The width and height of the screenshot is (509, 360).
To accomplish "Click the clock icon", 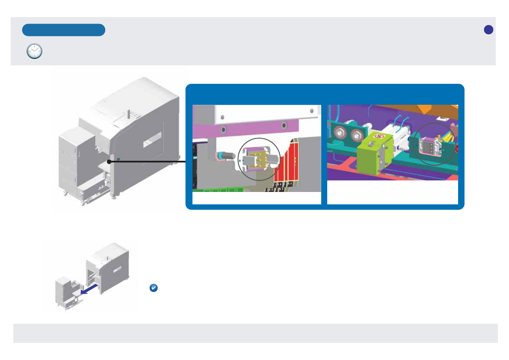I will point(35,51).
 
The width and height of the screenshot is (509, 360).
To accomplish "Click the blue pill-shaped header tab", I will point(64,30).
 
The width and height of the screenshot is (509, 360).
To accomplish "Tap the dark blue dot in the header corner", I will point(488,30).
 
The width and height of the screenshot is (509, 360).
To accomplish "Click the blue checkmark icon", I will point(154,288).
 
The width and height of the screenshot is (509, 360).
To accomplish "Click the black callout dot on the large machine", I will point(109,162).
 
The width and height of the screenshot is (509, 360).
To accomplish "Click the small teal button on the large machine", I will point(118,159).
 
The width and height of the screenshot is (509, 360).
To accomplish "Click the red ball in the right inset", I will point(456,149).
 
